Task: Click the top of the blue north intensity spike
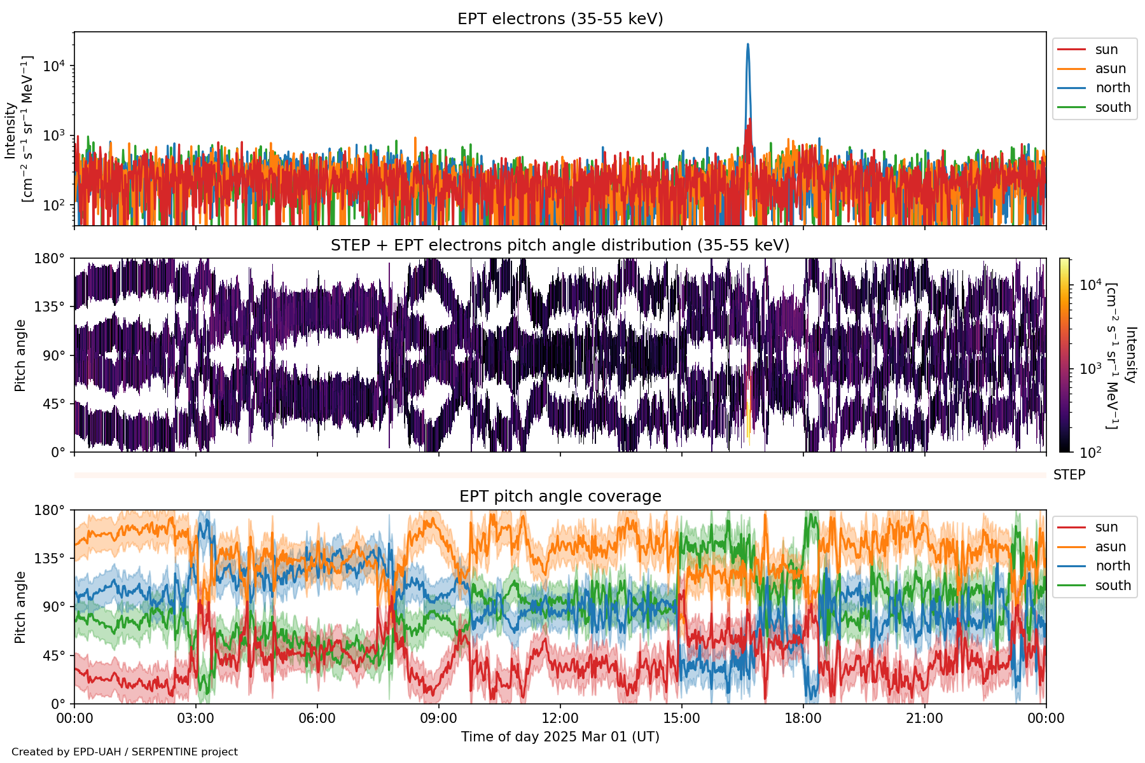747,45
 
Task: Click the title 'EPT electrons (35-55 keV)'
560,19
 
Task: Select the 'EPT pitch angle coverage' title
560,497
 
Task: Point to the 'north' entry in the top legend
1113,88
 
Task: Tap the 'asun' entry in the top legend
1110,69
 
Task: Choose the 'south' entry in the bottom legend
1113,586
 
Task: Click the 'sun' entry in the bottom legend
1106,527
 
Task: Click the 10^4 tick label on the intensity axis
55,66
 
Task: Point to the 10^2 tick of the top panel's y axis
55,205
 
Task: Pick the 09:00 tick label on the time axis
438,718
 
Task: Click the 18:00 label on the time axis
803,718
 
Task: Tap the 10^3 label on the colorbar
1090,369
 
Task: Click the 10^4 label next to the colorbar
1090,285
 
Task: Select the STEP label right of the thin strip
1069,475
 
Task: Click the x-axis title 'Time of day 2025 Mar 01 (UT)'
560,737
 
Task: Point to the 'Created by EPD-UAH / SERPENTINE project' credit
125,752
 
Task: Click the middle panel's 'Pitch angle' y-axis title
20,355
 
